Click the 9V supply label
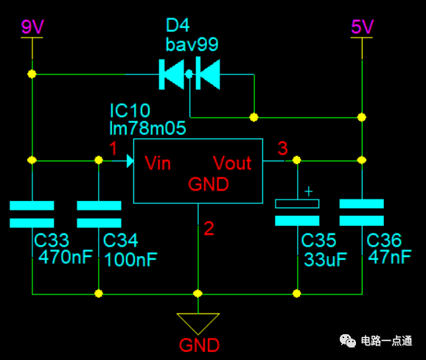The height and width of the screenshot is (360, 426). coord(32,27)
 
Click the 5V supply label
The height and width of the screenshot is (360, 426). coord(362,27)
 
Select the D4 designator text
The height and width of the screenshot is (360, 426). coord(178,25)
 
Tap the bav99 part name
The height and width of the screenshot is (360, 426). coord(192,44)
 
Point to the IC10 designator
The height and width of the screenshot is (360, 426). coord(130,110)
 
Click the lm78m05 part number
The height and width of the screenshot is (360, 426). coord(147,128)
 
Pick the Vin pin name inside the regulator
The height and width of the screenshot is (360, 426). coord(158,163)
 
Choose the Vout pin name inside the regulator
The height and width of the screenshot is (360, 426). coord(232,163)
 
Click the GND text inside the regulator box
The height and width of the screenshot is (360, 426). coord(209,184)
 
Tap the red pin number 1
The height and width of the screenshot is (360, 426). coord(113,149)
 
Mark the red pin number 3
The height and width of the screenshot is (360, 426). coord(283,148)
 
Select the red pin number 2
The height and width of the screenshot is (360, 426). coord(209,228)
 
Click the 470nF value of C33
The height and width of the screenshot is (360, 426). coord(66,257)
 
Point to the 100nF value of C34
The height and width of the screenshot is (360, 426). coord(130,260)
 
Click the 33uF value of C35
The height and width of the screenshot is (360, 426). coord(325,260)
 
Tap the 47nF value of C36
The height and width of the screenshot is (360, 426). coord(390,257)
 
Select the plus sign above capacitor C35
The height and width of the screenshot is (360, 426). coord(308,191)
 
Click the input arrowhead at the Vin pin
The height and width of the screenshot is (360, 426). coord(130,161)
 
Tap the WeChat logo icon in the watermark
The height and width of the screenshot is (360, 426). coord(348,341)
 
